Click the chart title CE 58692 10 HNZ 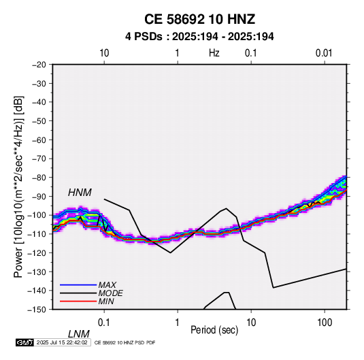199,19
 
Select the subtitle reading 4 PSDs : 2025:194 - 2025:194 199,37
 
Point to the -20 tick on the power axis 39,65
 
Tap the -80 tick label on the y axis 39,178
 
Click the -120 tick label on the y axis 37,253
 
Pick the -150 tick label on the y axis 37,310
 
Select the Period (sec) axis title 214,330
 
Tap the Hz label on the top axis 214,53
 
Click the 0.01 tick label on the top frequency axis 324,53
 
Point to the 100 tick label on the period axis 325,323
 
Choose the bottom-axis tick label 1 178,323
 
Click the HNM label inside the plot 80,193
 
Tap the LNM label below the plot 79,334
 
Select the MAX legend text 107,285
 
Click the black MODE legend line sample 78,293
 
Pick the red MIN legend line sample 78,301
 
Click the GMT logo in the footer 25,342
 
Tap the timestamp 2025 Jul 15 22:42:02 62,342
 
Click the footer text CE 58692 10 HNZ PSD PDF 125,343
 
